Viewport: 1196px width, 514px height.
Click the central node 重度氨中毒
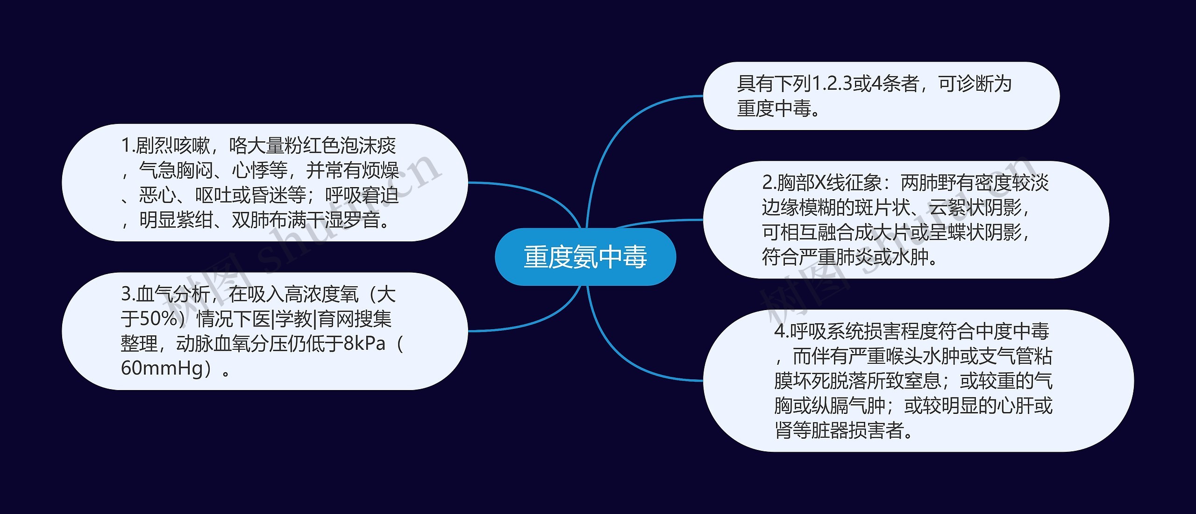point(585,257)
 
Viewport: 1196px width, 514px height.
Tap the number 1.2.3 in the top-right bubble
point(832,84)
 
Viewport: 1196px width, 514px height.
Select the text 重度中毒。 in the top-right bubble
point(778,109)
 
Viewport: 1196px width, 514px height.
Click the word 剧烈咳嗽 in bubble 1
point(173,146)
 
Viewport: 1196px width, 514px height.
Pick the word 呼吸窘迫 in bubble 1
point(362,195)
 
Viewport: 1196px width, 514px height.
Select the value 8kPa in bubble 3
point(364,344)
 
